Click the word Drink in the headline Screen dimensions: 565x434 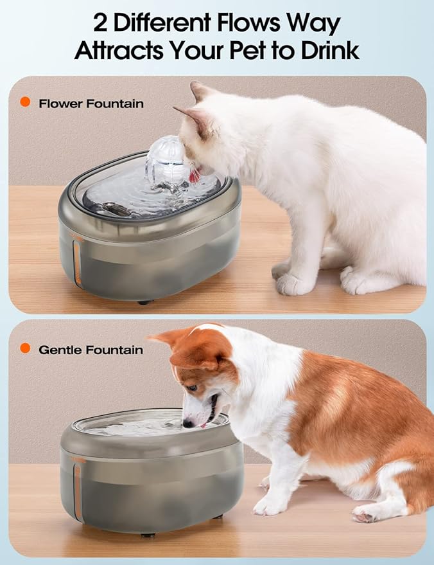pos(329,50)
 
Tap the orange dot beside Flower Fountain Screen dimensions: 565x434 pos(26,102)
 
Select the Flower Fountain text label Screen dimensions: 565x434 pos(91,103)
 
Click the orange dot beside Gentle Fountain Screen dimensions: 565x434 pos(26,348)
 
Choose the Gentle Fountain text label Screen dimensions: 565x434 pos(91,350)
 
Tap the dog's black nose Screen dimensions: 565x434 pos(187,423)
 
